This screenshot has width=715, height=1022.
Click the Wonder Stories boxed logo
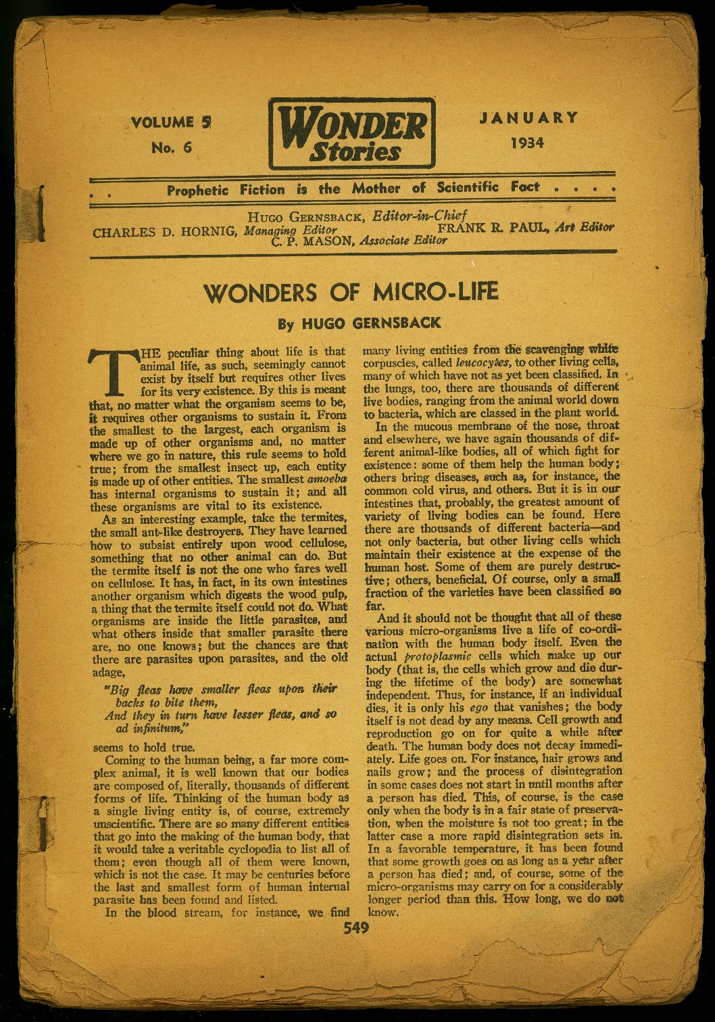[x=350, y=134]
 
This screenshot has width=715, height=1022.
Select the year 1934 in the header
[x=528, y=143]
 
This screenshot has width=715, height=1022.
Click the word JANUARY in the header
[x=528, y=117]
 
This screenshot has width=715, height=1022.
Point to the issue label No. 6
[x=172, y=148]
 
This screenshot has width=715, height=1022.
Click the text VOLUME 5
[x=172, y=122]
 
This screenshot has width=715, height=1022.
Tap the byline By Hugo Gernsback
[x=360, y=323]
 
